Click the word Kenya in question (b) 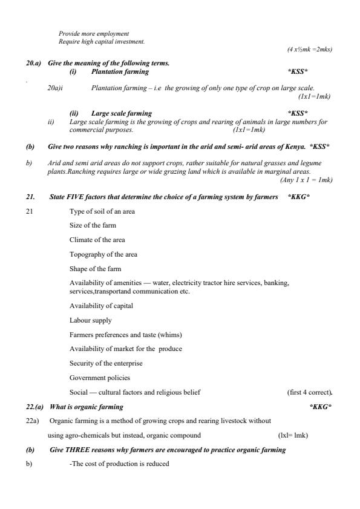(x=293, y=146)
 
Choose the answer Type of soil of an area (x=102, y=211)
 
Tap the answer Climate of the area (x=97, y=240)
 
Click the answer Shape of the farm (x=96, y=269)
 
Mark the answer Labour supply (x=90, y=320)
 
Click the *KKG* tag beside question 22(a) (x=320, y=406)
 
